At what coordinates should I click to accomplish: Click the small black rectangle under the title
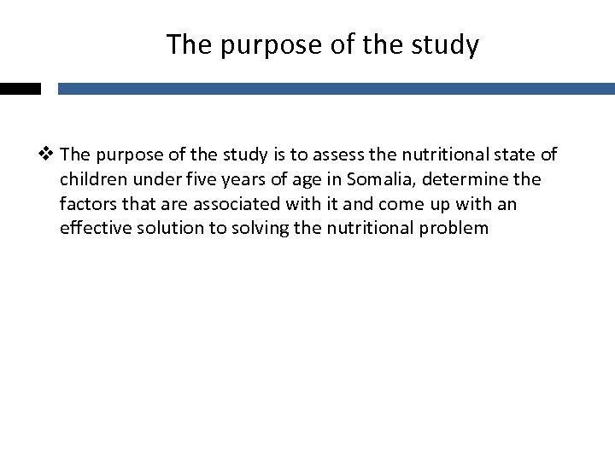tap(20, 88)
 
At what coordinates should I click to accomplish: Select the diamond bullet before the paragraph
tap(50, 155)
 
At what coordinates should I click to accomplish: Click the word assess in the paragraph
tap(337, 155)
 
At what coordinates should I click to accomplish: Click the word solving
tap(252, 229)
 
